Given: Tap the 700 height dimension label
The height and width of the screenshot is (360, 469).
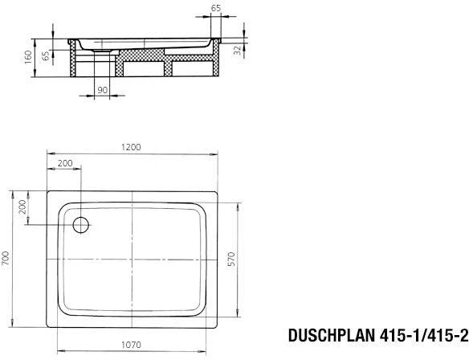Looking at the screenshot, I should coord(6,259).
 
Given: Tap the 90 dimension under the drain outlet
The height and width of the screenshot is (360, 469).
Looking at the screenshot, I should coord(102,90).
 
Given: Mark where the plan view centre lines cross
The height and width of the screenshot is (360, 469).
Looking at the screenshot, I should coord(133,261).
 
